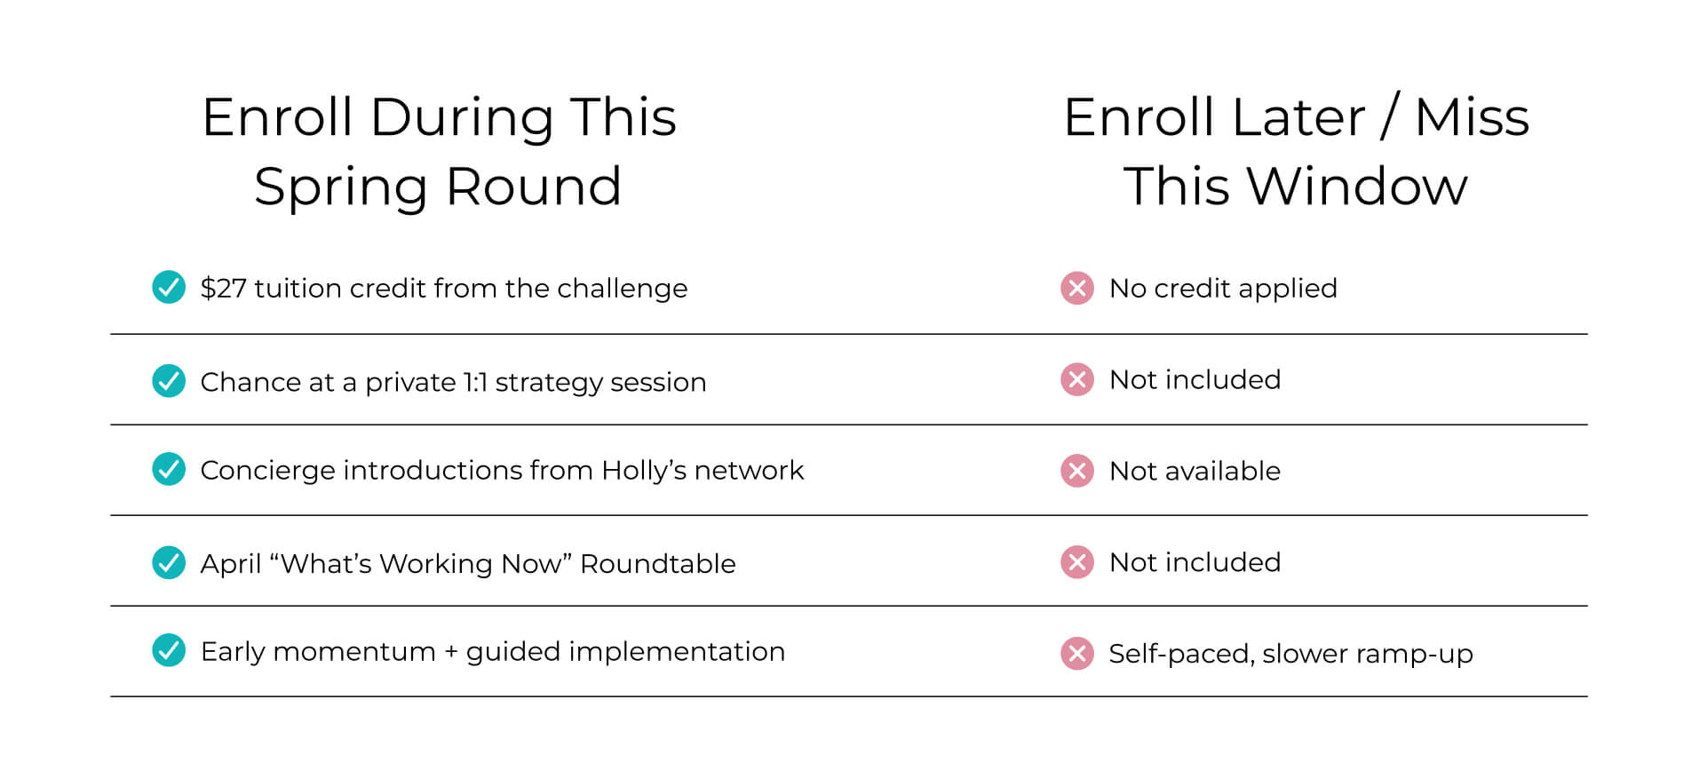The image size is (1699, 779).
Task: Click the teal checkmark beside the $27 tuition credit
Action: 169,287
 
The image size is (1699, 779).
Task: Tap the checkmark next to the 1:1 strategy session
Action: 169,381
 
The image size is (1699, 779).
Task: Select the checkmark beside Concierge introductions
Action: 169,469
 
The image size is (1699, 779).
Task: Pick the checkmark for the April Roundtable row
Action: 169,562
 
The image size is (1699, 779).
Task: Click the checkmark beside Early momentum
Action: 169,650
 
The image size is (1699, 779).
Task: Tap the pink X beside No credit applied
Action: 1077,288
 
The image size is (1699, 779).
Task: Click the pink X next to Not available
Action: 1077,471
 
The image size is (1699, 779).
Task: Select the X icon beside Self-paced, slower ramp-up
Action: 1077,654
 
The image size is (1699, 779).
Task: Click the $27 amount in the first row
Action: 224,288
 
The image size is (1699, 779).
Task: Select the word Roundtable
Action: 658,563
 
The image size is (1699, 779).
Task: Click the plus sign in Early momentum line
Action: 451,652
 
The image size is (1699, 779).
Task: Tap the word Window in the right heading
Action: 1357,186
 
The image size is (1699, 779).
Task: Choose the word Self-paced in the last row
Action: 1182,655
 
